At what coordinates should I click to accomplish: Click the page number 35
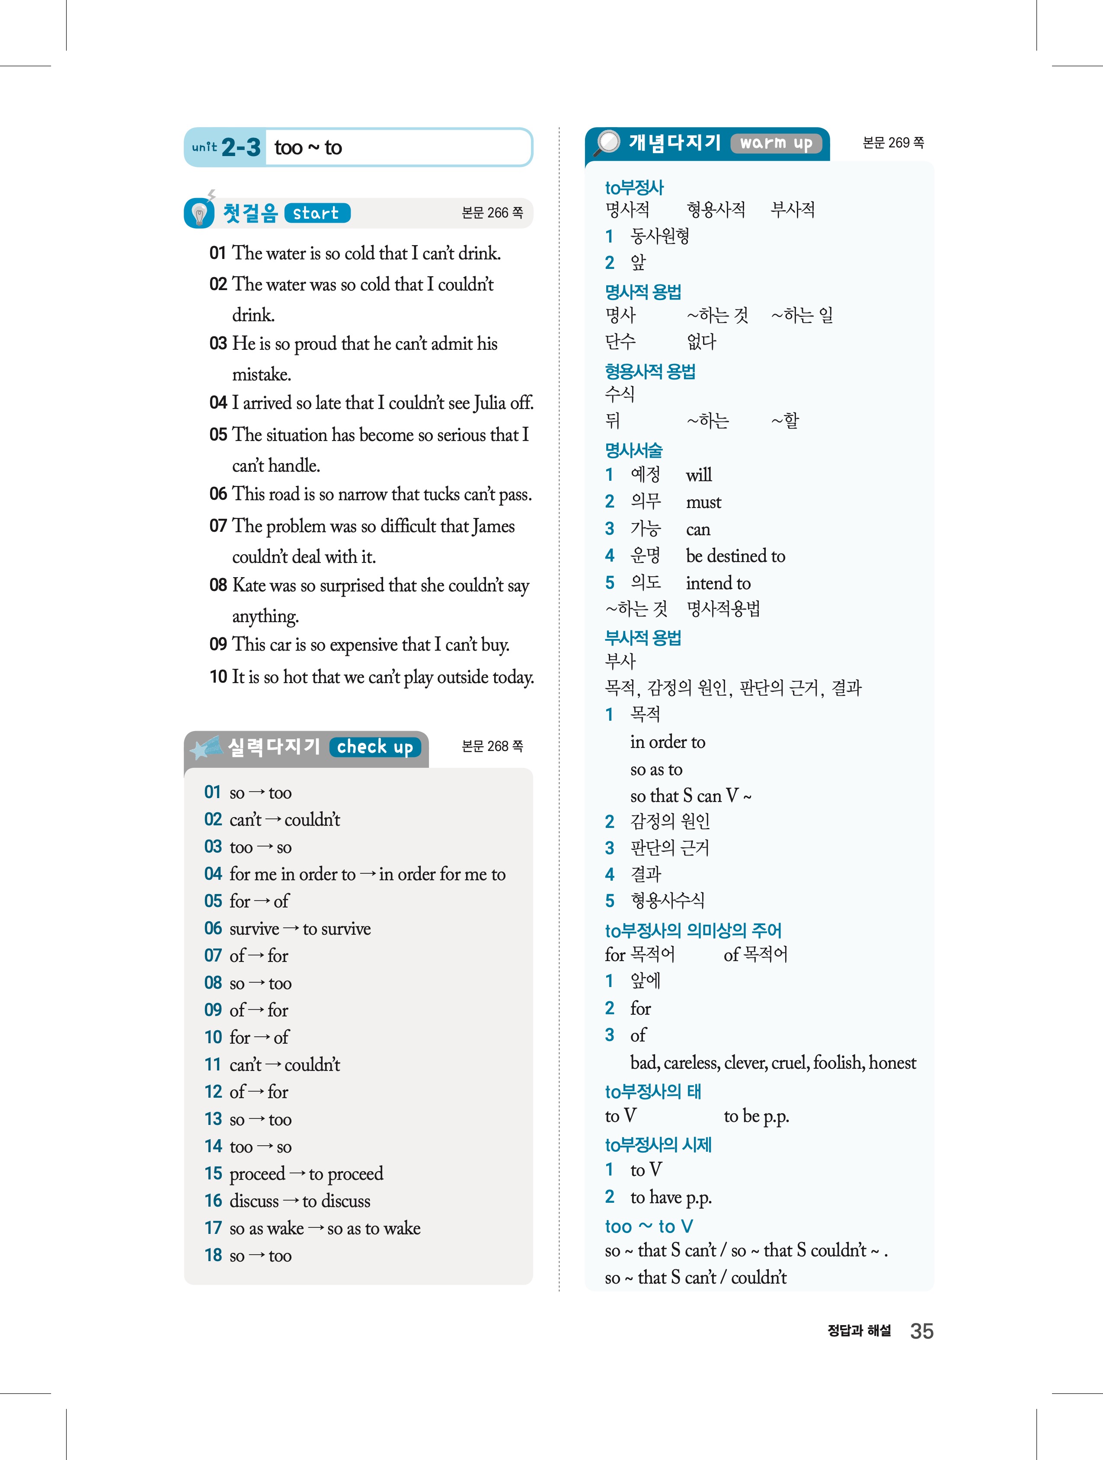pos(921,1331)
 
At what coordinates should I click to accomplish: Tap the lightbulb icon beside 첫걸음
pos(199,213)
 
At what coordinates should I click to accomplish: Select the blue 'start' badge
pos(317,213)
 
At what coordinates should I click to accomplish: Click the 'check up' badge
pos(375,747)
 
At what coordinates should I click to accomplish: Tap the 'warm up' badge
pos(776,143)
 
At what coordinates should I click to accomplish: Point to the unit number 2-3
pos(241,147)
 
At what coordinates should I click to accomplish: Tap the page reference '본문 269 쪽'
pos(893,143)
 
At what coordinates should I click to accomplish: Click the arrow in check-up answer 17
pos(316,1228)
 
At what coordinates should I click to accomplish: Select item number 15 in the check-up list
pos(213,1173)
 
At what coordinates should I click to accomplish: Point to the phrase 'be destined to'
pos(735,556)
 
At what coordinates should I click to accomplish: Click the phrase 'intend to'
pos(718,583)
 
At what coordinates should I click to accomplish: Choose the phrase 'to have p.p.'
pos(671,1197)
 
